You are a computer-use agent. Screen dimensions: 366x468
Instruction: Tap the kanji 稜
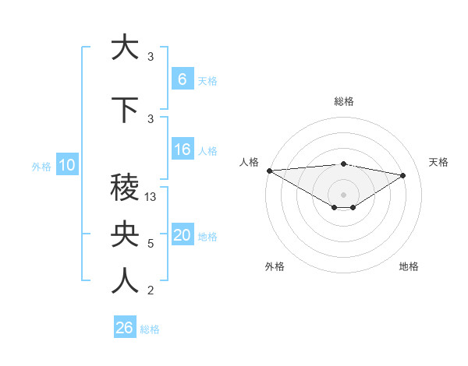(x=125, y=188)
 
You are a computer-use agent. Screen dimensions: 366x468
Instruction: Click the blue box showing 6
(x=182, y=79)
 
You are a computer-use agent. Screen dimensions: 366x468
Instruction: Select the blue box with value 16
(x=182, y=149)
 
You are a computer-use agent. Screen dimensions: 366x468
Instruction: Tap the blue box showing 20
(x=182, y=235)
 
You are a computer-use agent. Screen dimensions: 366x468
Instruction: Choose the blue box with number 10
(x=66, y=165)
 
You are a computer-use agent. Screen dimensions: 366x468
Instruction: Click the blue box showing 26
(x=124, y=328)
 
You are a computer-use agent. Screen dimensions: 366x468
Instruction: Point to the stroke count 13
(x=151, y=198)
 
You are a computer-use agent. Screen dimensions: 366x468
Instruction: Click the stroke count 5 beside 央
(x=151, y=244)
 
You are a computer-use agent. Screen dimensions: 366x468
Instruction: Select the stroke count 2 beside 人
(x=151, y=290)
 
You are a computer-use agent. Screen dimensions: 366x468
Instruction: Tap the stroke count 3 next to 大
(x=151, y=57)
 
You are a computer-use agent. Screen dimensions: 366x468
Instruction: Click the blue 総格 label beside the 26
(x=150, y=329)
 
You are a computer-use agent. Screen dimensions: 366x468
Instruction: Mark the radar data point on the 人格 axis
(x=269, y=171)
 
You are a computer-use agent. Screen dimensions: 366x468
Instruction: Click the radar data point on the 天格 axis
(x=403, y=175)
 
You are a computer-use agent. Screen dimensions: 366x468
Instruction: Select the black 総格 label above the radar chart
(x=343, y=101)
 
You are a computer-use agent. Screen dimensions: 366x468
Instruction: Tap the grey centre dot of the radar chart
(x=343, y=193)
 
